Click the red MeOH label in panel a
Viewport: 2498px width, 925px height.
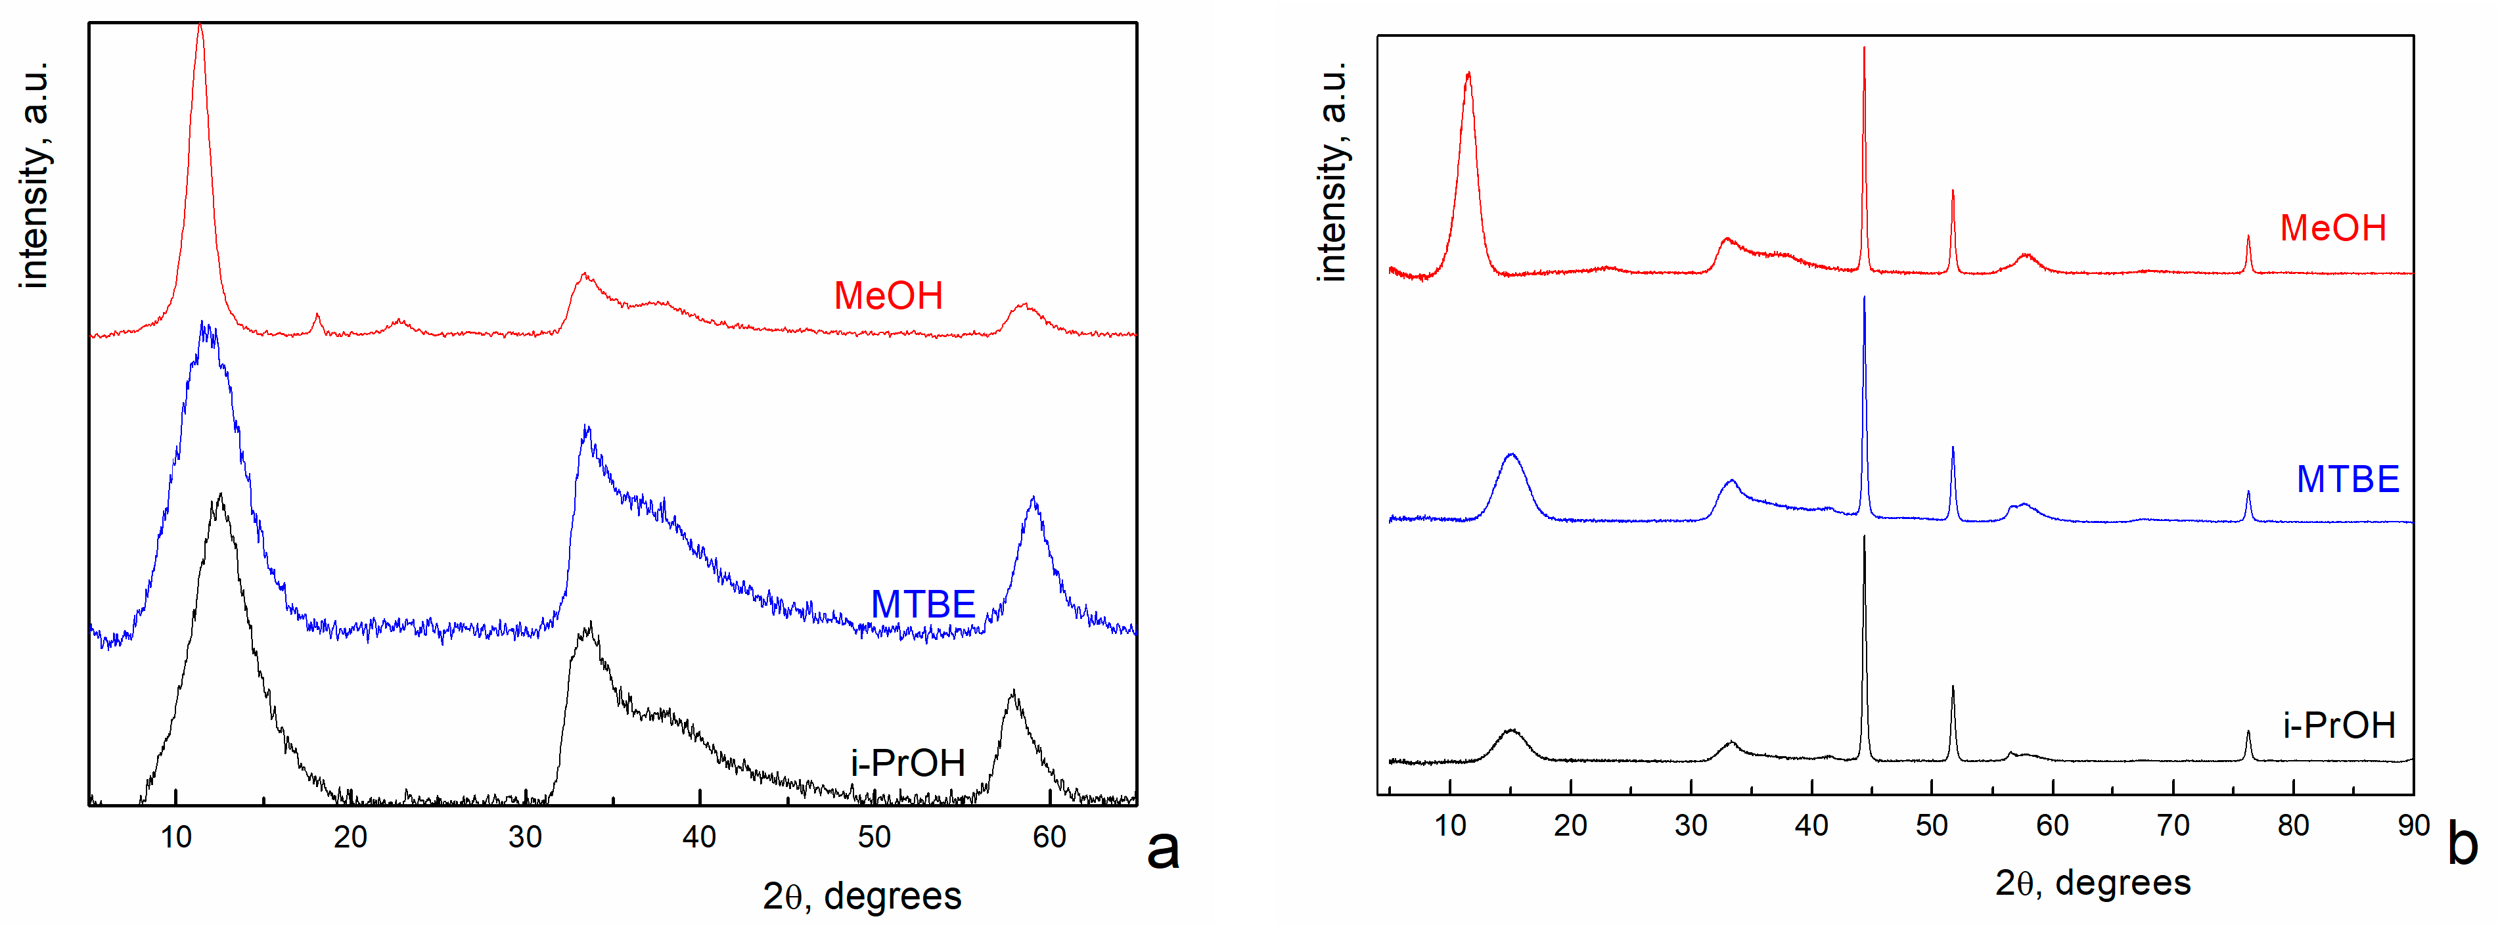click(x=888, y=296)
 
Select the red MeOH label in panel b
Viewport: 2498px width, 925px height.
click(x=2332, y=228)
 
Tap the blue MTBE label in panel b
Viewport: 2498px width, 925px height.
click(x=2347, y=479)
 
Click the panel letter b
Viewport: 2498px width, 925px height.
click(x=2462, y=843)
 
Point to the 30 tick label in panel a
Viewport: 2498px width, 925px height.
click(x=524, y=837)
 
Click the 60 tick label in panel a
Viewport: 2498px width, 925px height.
click(x=1048, y=837)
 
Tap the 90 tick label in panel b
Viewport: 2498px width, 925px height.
click(x=2413, y=825)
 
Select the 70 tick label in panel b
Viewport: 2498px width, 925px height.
click(x=2172, y=825)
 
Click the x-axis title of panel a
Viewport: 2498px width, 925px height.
click(x=861, y=895)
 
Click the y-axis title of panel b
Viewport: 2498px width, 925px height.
click(x=1332, y=173)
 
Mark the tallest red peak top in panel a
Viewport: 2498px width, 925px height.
click(x=200, y=26)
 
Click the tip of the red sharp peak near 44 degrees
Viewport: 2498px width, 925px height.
click(x=1864, y=49)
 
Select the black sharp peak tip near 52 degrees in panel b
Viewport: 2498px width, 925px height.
click(x=1952, y=687)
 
